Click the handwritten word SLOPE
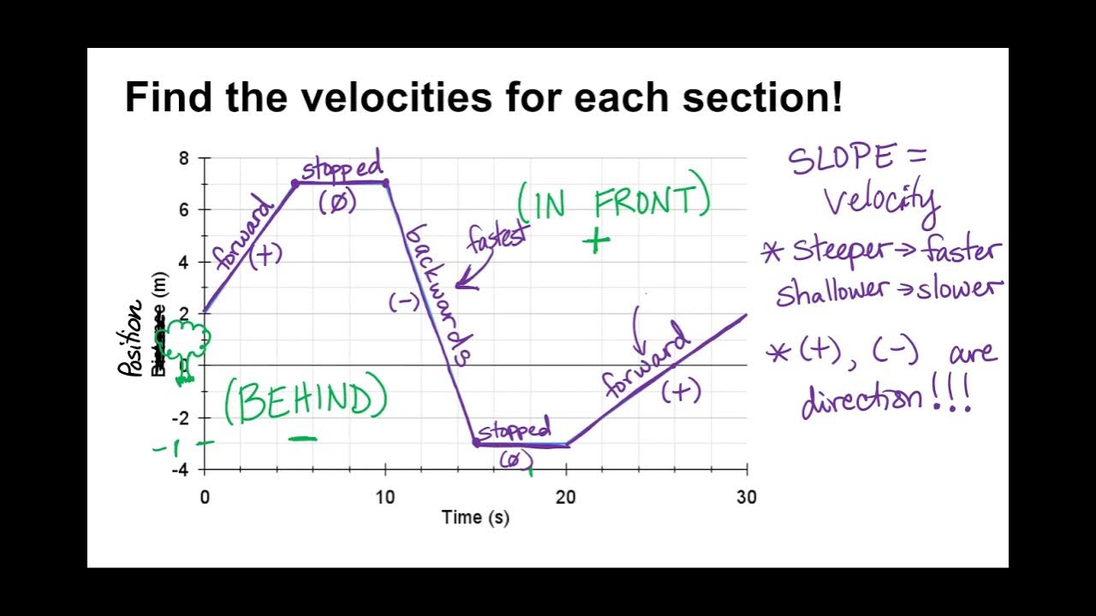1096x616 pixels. [843, 160]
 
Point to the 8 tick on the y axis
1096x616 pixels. [184, 158]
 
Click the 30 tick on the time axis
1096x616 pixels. [747, 497]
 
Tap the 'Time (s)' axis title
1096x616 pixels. [475, 517]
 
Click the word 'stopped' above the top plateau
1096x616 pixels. [341, 167]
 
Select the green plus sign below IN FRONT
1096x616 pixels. [597, 242]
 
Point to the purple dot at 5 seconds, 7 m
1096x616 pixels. [295, 182]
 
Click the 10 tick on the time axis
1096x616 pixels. [385, 497]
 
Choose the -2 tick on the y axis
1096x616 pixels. [181, 418]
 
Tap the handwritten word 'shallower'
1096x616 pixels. [829, 291]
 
